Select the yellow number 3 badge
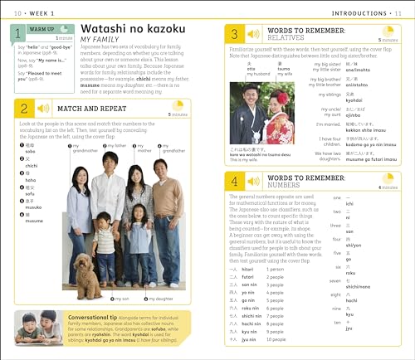[235, 34]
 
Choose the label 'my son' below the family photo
[121, 299]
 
